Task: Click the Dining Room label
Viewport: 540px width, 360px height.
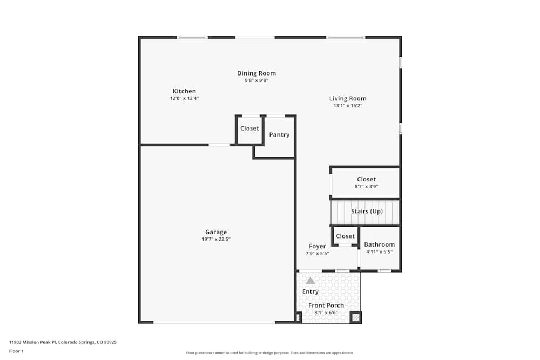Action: click(x=256, y=73)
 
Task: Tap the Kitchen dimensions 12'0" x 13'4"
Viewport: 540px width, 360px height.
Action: click(x=184, y=99)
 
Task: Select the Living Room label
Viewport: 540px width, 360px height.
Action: click(x=348, y=98)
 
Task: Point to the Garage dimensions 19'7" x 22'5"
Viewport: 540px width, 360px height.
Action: click(x=215, y=239)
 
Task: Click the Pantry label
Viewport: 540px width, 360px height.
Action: click(x=279, y=135)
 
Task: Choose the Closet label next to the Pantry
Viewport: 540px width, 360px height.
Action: click(x=249, y=128)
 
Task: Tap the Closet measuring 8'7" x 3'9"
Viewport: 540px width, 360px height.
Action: click(x=366, y=186)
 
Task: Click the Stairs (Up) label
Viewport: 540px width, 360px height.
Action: click(x=367, y=211)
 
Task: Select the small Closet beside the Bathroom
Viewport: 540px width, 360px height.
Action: click(x=345, y=236)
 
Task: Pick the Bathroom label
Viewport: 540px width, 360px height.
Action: click(x=379, y=244)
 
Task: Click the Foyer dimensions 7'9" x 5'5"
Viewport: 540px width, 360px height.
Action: click(x=317, y=253)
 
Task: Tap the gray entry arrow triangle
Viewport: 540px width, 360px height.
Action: click(x=310, y=281)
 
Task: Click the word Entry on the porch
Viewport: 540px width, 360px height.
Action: click(x=310, y=291)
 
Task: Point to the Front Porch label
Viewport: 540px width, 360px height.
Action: click(x=326, y=305)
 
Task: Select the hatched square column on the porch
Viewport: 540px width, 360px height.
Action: click(x=355, y=317)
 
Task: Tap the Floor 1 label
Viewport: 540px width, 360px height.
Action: click(x=16, y=351)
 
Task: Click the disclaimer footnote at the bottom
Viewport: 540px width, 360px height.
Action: click(x=270, y=352)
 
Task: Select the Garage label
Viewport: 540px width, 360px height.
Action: click(x=215, y=232)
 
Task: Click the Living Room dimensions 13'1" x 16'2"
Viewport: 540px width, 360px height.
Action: click(x=348, y=106)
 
